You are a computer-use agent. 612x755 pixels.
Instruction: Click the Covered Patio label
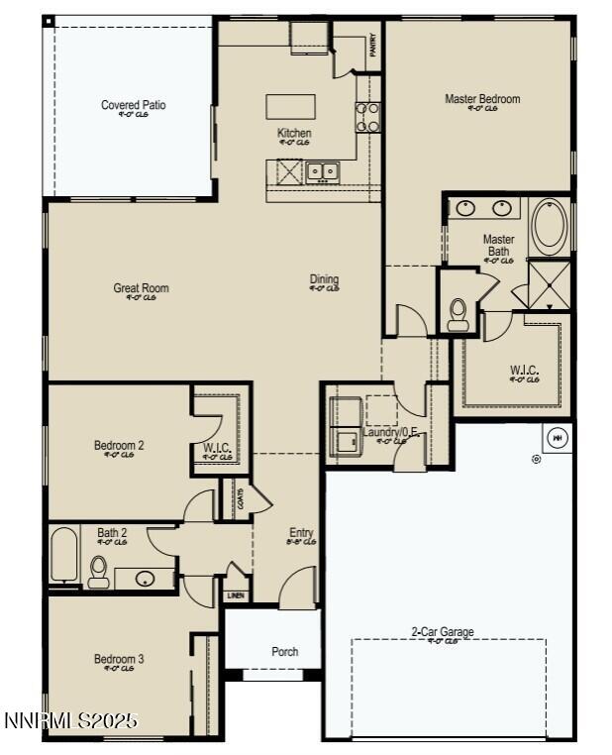(133, 105)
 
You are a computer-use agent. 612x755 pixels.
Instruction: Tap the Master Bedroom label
(481, 99)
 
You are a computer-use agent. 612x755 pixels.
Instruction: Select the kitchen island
(290, 106)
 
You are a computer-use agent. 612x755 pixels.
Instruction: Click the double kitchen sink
(322, 171)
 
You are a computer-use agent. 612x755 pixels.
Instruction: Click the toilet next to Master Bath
(458, 314)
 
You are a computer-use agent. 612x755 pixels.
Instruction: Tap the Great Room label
(141, 289)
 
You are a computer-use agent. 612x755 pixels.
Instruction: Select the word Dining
(324, 279)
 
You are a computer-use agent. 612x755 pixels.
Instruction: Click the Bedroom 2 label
(119, 446)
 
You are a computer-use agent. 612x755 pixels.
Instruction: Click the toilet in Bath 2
(99, 572)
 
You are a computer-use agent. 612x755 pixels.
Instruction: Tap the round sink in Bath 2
(145, 579)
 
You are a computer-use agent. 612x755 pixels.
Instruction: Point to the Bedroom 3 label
(119, 659)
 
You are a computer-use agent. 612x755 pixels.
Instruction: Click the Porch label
(284, 652)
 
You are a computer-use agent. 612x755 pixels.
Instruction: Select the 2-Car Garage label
(442, 632)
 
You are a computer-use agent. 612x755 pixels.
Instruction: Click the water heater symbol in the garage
(556, 437)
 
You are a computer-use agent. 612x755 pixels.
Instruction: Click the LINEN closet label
(235, 595)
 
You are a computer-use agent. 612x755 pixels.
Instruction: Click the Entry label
(301, 532)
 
